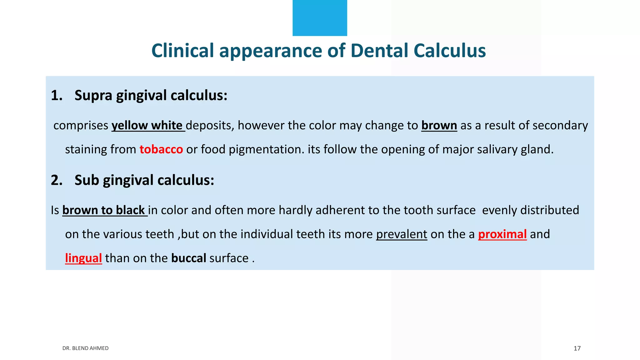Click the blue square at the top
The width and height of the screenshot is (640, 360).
tap(320, 18)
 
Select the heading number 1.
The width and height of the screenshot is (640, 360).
tap(57, 95)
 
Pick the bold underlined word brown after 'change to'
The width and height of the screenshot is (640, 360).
tap(439, 125)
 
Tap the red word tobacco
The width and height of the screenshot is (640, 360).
tap(161, 149)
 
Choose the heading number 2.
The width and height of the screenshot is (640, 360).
tap(57, 180)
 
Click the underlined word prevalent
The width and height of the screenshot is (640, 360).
tap(402, 234)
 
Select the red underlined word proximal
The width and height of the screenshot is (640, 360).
tap(502, 234)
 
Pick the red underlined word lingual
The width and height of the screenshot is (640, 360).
tap(83, 258)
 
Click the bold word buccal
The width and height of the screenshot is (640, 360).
tap(188, 258)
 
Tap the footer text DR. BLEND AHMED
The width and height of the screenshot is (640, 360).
tap(85, 348)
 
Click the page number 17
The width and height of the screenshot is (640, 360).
tap(577, 348)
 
